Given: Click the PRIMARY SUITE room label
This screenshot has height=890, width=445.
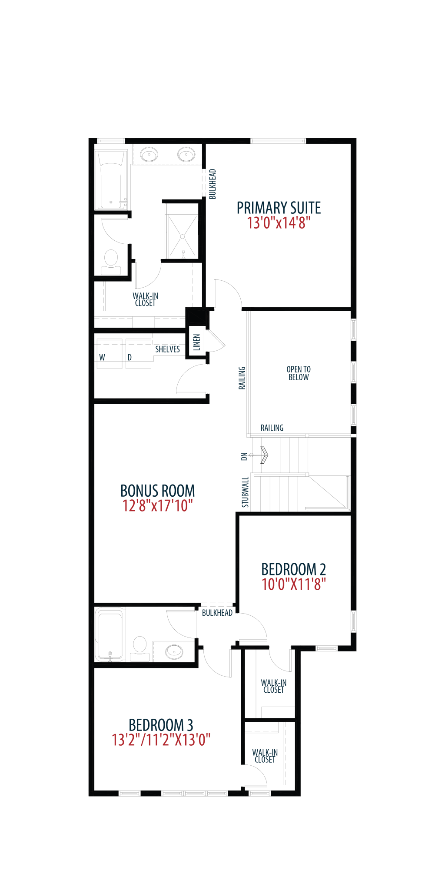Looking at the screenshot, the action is (279, 208).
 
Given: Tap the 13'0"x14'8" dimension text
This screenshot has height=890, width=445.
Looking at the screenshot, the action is (279, 223).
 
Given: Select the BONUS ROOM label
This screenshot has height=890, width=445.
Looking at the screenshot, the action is (157, 491).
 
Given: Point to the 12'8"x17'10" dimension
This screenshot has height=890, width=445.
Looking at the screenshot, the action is (157, 506).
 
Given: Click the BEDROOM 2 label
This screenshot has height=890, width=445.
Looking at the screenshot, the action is (293, 569).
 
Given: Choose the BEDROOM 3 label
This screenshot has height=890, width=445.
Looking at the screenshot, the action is (161, 724).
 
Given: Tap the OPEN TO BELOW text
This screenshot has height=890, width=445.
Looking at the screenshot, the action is (299, 373).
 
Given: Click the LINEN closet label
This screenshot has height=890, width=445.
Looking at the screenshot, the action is (197, 342).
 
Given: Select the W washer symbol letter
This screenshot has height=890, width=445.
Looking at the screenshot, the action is (102, 357).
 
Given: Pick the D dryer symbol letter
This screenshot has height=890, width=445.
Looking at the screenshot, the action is (130, 357).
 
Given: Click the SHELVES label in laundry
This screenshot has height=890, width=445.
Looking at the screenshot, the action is (167, 349).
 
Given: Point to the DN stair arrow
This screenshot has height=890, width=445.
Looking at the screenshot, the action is (260, 455).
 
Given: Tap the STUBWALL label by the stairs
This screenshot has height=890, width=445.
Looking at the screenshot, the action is (245, 492).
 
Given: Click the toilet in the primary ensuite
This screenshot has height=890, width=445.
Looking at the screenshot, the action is (111, 262).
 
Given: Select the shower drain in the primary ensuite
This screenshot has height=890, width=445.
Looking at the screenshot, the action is (183, 237).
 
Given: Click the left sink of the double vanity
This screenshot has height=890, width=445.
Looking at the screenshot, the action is (149, 154).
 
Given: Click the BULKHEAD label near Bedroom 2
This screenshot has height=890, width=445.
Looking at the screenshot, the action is (217, 613).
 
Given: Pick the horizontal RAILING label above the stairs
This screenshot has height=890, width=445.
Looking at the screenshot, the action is (272, 428).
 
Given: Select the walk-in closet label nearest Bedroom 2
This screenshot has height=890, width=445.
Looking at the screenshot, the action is (274, 686).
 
